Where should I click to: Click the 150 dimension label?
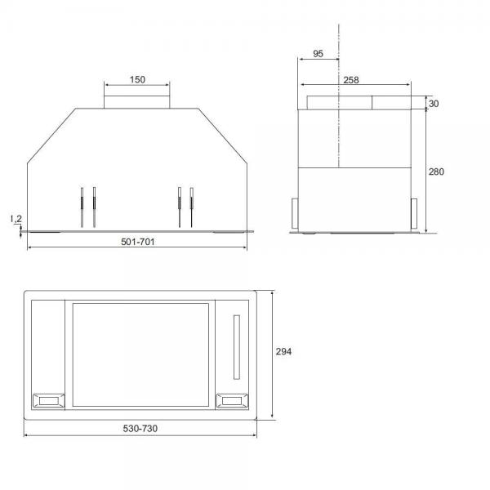tap(137, 80)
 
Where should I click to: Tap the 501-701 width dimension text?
tap(138, 242)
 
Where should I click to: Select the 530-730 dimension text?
tap(140, 428)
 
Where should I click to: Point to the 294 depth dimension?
tap(283, 351)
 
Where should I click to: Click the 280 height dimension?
tap(436, 171)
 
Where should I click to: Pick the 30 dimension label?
tap(434, 104)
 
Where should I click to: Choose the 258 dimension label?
tap(351, 80)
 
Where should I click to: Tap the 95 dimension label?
tap(318, 54)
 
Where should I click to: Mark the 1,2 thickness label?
tap(16, 219)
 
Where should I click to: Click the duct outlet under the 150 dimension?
tap(137, 102)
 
